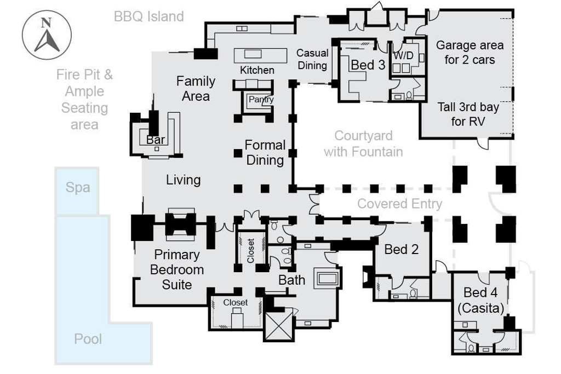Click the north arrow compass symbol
[x=47, y=36]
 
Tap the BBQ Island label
[x=148, y=16]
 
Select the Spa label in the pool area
[x=78, y=187]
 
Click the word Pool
[x=88, y=339]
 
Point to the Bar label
[x=156, y=140]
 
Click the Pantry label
[x=261, y=100]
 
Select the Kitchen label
[x=257, y=70]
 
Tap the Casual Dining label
[x=312, y=59]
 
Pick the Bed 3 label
[x=368, y=65]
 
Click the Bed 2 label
[x=402, y=250]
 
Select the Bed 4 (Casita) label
[x=480, y=300]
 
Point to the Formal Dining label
[x=265, y=152]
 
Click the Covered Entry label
[x=399, y=204]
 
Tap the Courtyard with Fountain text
[x=363, y=143]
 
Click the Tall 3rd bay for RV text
[x=469, y=114]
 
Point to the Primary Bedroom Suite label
[x=177, y=269]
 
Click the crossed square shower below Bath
[x=279, y=324]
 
